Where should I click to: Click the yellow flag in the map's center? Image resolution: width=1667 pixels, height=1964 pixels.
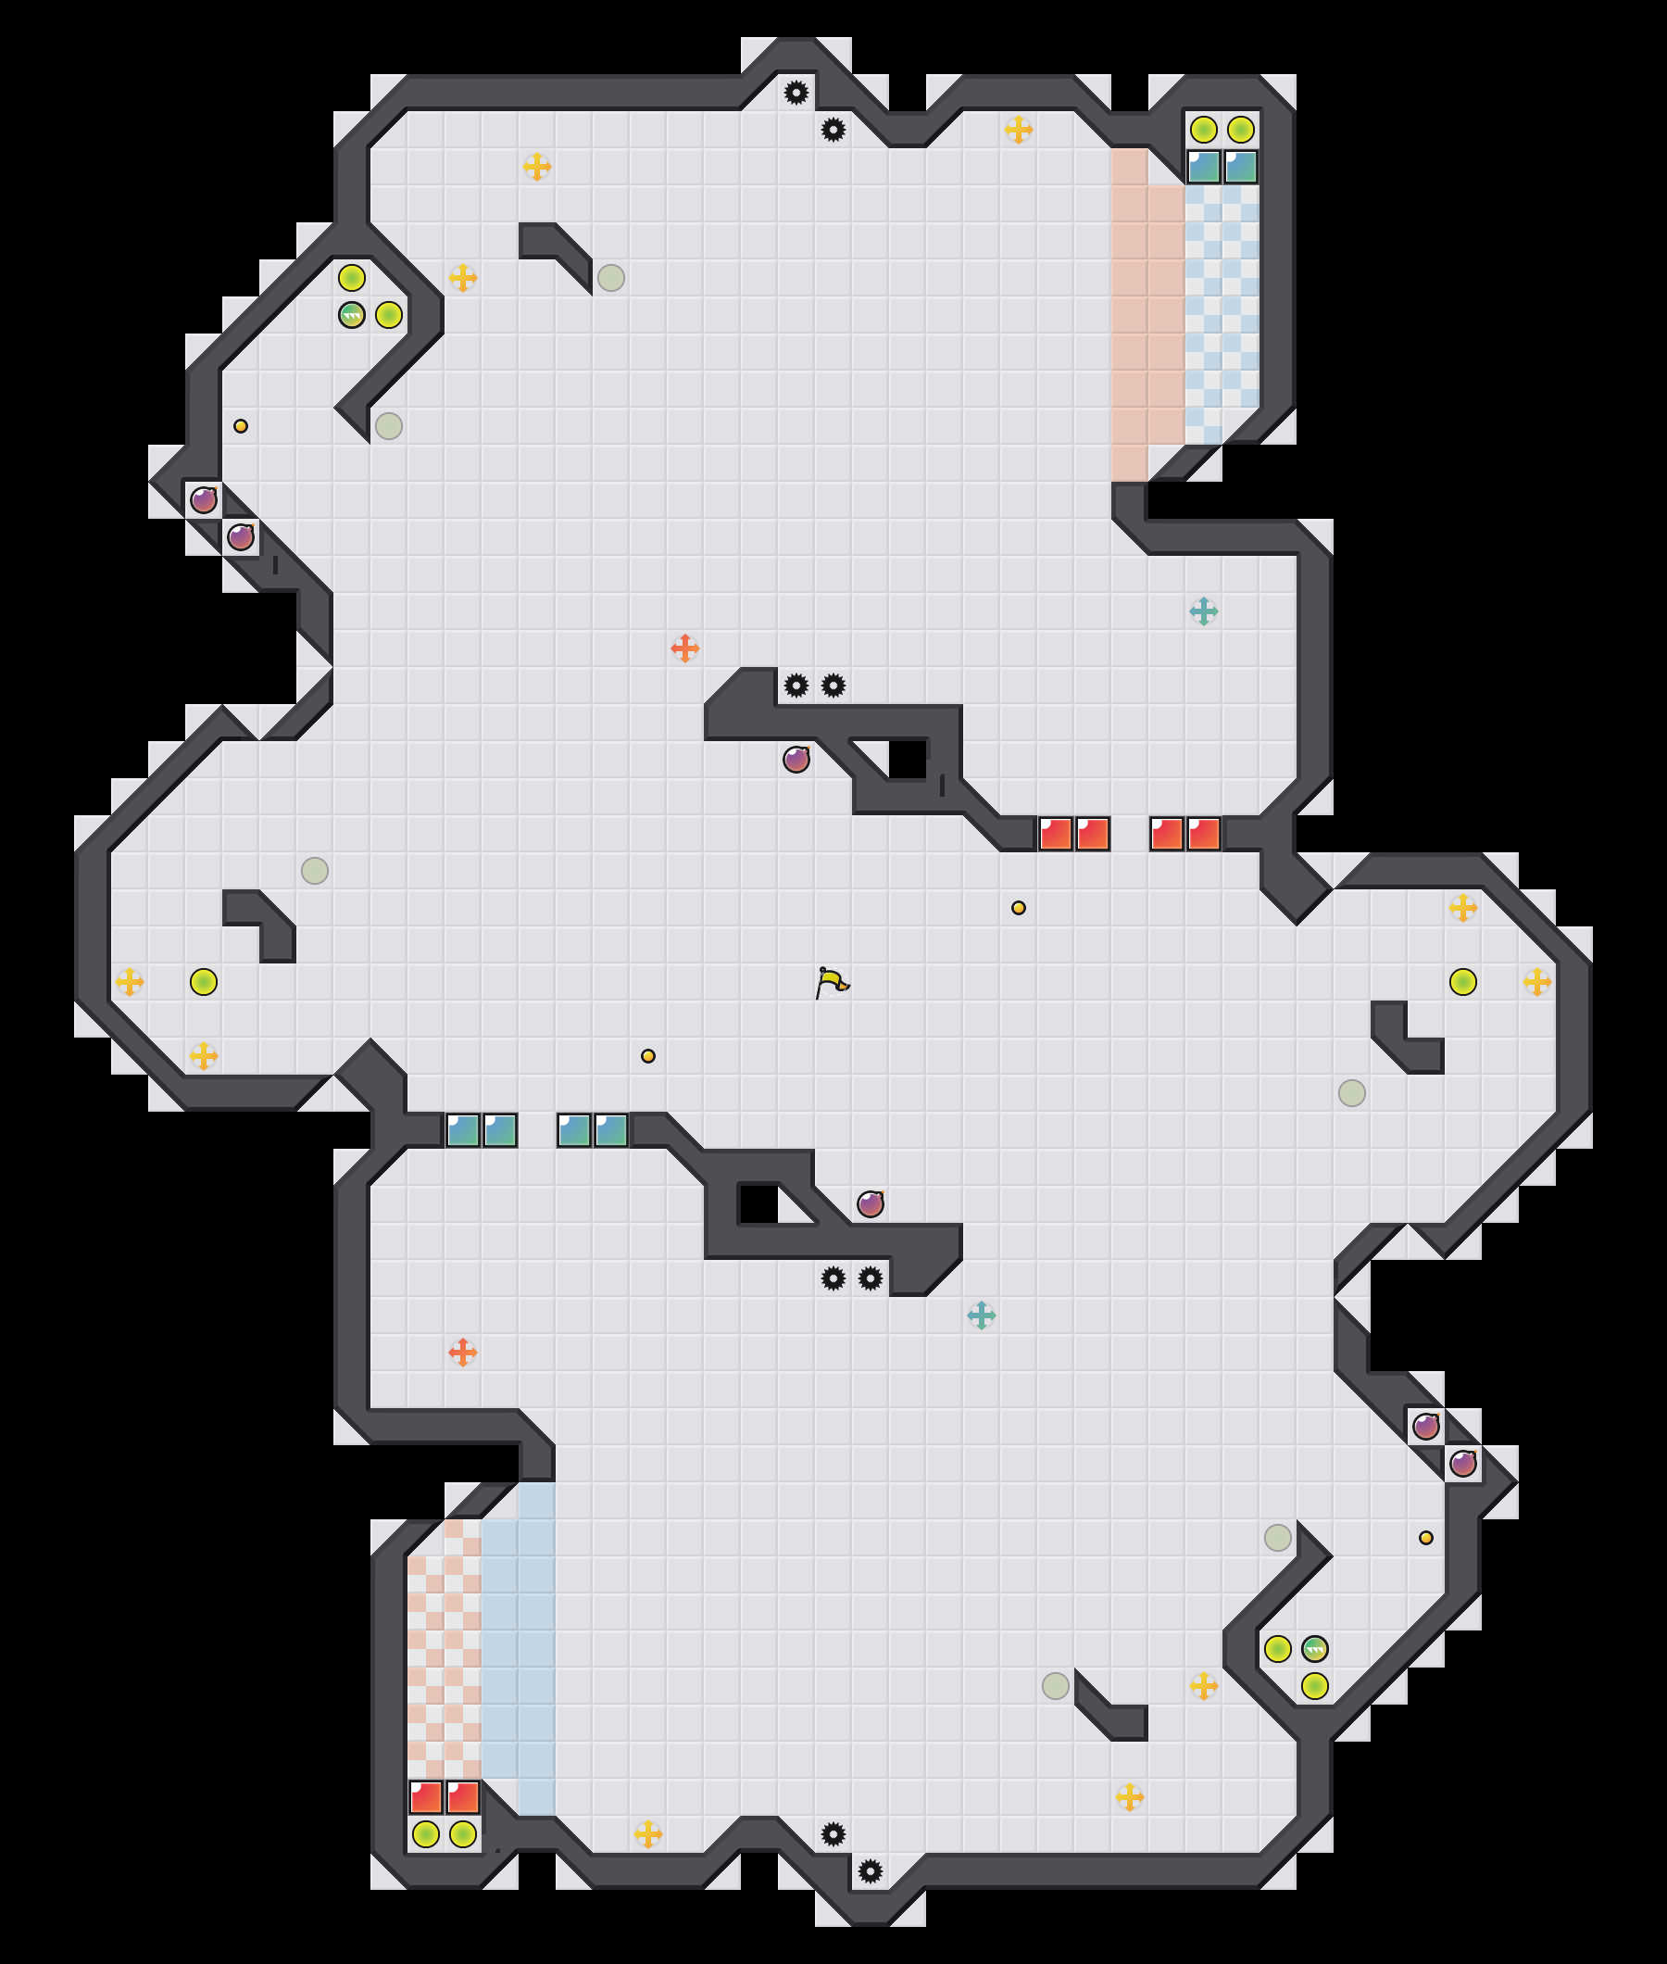click(832, 982)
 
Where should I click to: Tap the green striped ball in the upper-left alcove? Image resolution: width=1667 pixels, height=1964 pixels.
click(352, 315)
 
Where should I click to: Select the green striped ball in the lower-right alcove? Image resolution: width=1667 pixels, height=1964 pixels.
click(1314, 1649)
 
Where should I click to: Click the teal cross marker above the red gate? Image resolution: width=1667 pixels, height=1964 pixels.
click(1203, 611)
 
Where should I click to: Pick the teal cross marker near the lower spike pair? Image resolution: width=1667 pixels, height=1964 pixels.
click(981, 1316)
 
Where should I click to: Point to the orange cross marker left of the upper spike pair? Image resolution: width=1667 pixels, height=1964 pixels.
click(684, 648)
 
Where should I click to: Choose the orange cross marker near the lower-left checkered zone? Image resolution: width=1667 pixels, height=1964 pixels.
click(462, 1353)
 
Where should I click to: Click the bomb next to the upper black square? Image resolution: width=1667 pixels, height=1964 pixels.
click(796, 759)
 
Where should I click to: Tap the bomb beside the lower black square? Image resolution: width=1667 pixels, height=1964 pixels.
click(870, 1204)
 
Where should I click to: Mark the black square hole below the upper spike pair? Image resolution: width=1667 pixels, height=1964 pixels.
click(908, 760)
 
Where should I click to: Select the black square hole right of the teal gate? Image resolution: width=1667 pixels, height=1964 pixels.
click(758, 1204)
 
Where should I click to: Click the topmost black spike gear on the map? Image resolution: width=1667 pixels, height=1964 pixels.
click(796, 93)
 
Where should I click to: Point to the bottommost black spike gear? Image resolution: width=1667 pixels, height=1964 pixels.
click(870, 1870)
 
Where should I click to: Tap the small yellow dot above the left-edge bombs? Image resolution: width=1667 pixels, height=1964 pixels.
click(241, 426)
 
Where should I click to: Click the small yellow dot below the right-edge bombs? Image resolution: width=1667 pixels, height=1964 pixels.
click(1426, 1538)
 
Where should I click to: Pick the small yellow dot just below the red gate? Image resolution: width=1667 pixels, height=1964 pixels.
click(1018, 907)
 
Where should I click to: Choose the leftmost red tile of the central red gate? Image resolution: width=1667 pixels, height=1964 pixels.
click(1055, 835)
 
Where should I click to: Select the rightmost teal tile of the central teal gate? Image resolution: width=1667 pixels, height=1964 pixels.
click(610, 1130)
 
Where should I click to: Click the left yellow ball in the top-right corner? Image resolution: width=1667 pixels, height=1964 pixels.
click(1203, 130)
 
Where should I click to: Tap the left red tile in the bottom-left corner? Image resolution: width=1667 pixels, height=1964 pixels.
click(425, 1796)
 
